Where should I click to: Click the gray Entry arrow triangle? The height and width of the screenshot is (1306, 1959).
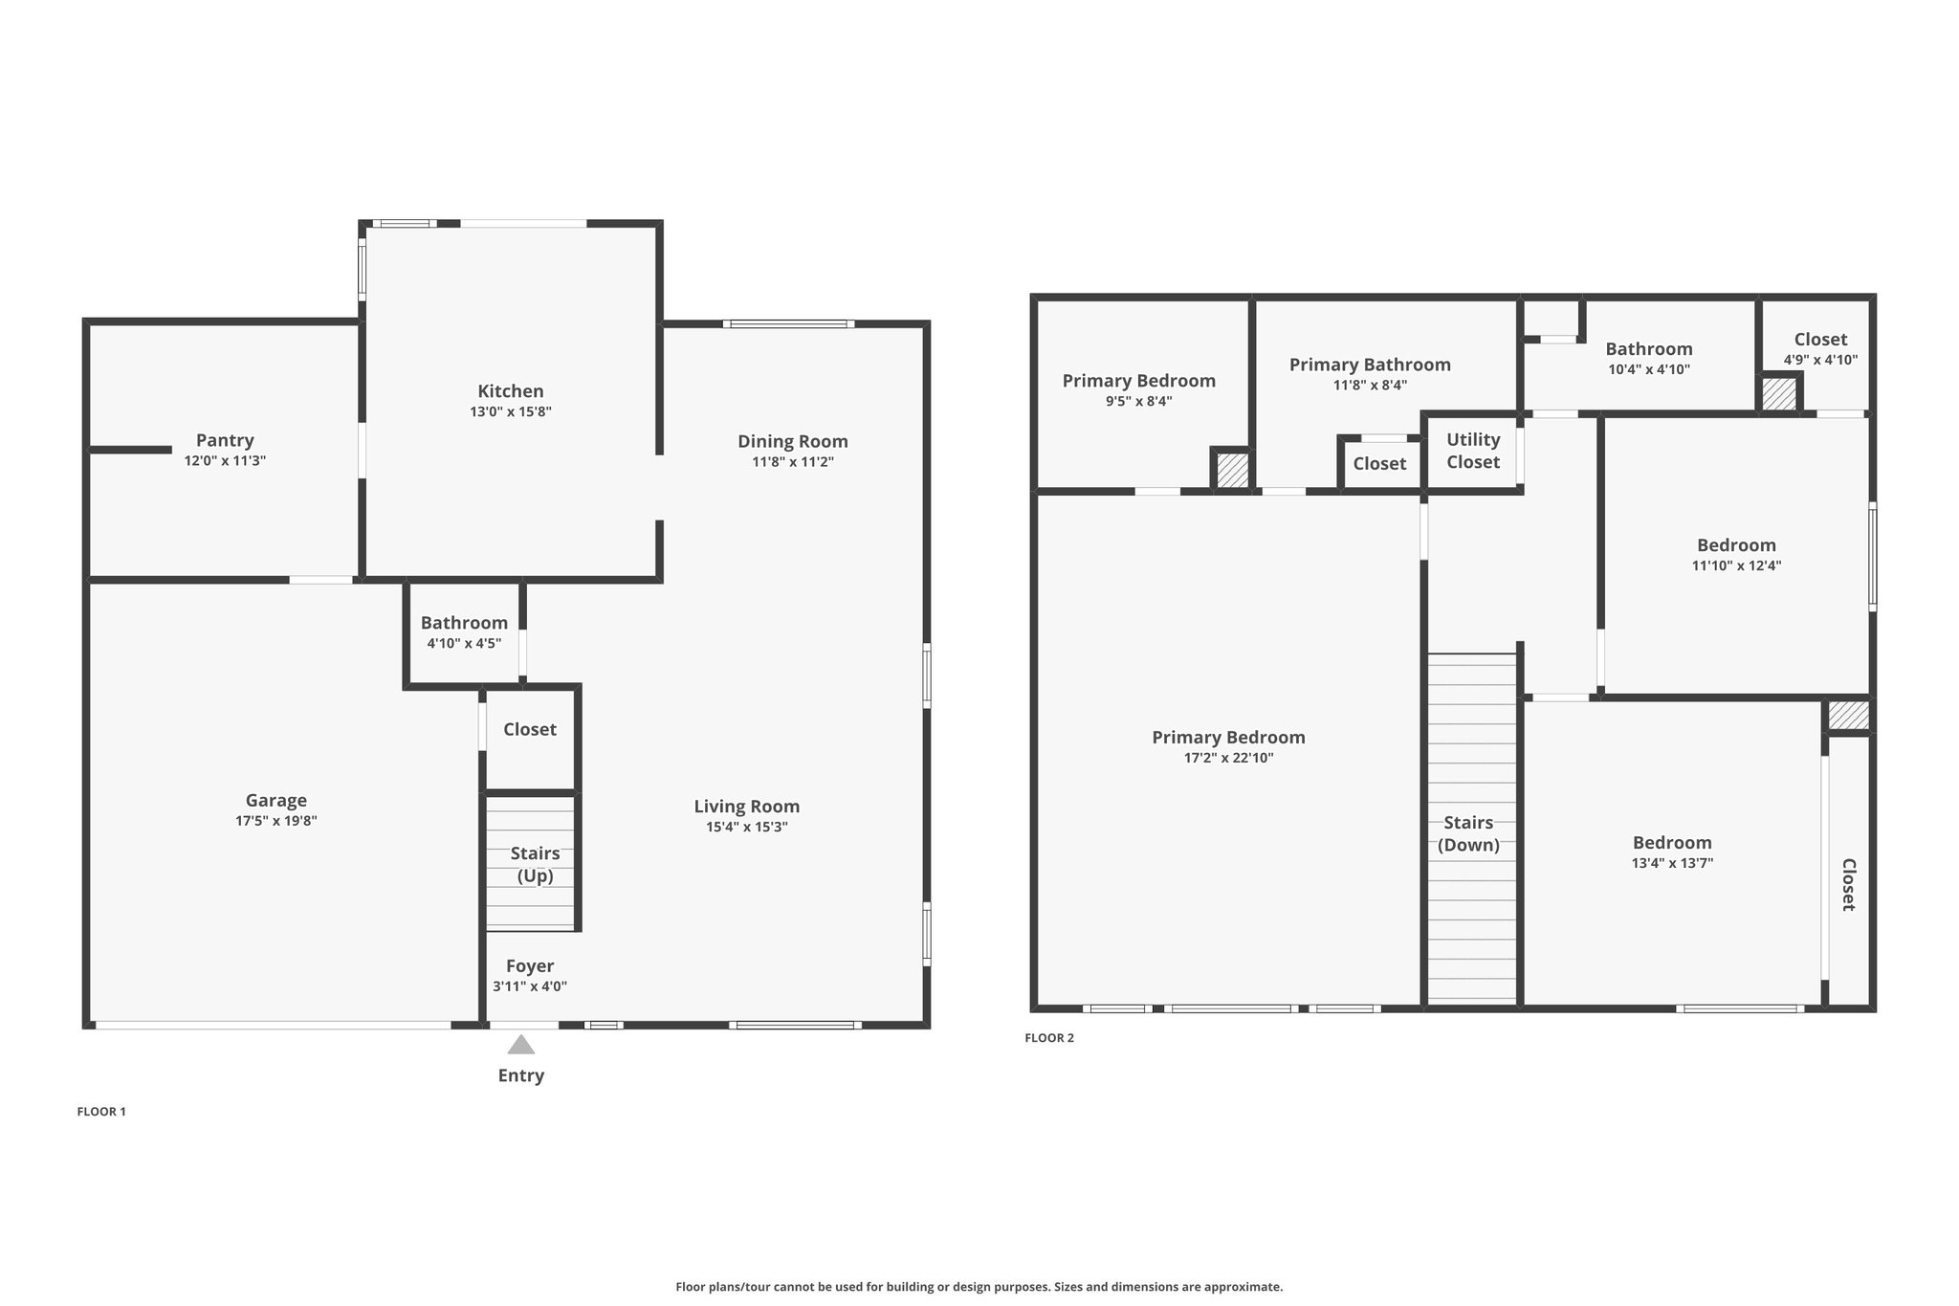coord(520,1044)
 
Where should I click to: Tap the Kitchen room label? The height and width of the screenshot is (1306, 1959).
coord(511,390)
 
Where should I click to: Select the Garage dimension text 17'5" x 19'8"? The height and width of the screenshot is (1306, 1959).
coord(276,821)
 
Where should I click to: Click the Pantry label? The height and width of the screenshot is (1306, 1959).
coord(225,440)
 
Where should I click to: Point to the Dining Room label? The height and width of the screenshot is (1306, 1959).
coord(793,441)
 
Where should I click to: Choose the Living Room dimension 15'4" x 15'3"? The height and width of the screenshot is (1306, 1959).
coord(747,828)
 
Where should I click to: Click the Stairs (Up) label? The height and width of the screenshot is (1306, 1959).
coord(536,864)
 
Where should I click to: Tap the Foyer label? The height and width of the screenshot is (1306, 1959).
coord(530,966)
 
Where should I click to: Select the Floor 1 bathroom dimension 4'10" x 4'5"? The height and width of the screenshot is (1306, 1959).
coord(464,644)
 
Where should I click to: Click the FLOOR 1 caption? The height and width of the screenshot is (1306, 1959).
coord(101,1112)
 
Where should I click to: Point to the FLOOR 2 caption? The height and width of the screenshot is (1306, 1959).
coord(1049,1038)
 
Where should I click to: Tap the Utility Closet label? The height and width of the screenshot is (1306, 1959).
coord(1473,451)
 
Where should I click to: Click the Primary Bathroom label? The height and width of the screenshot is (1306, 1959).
coord(1370,365)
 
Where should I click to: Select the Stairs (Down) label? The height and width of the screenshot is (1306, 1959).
coord(1468,833)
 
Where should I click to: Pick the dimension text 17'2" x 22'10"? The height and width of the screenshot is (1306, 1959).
coord(1228,759)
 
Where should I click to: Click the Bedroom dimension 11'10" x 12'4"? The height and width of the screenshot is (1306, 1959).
coord(1736,565)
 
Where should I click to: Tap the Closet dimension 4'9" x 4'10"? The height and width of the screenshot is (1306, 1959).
coord(1820,361)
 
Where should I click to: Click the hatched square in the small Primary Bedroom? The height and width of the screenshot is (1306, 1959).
coord(1232,470)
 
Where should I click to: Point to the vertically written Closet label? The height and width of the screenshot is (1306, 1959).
coord(1849,884)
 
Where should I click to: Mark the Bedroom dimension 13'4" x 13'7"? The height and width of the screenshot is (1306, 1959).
coord(1672,863)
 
